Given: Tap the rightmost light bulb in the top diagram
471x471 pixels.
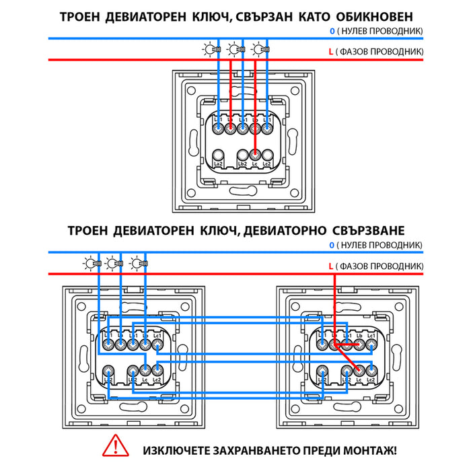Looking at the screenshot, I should point(258,48).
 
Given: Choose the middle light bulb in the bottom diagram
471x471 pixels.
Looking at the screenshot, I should point(112,263).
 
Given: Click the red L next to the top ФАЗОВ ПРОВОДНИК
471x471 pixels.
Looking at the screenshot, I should point(330,51).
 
